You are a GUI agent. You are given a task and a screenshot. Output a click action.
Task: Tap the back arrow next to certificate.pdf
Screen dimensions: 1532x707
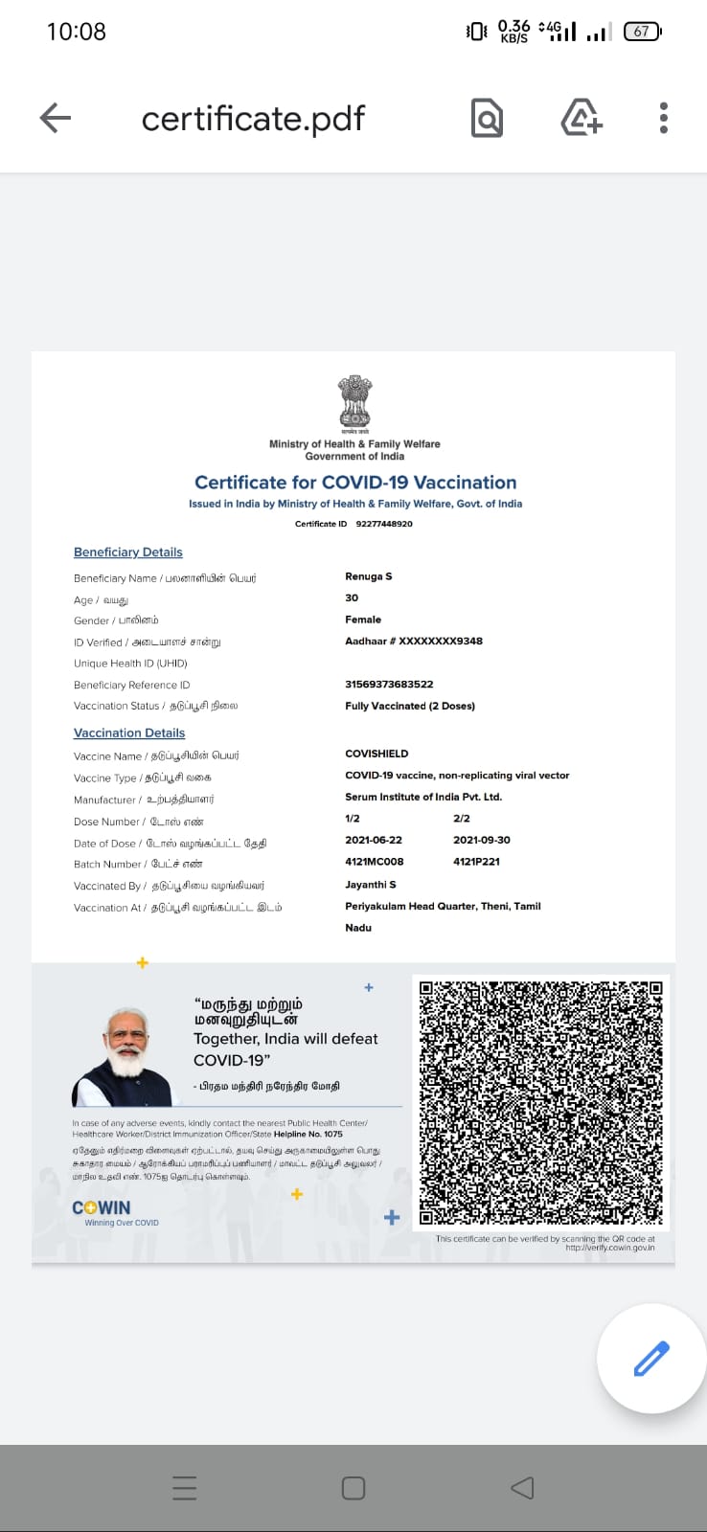pos(56,118)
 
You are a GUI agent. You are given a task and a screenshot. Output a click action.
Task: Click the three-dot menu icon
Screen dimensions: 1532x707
pos(663,118)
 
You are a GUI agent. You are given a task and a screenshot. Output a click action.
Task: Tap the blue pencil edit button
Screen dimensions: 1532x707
pos(651,1359)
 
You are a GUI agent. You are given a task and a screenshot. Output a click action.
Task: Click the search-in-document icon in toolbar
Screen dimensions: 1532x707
pos(487,118)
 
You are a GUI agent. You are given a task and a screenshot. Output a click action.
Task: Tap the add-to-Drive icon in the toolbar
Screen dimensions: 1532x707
pos(581,118)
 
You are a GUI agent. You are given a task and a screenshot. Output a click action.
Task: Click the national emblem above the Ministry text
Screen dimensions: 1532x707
pos(354,401)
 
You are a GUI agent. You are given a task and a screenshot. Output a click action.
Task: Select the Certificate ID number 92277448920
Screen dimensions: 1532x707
pos(384,524)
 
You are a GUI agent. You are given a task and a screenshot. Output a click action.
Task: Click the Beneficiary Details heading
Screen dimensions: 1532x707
pos(128,552)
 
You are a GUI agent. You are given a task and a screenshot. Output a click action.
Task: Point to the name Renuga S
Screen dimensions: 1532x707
pos(369,576)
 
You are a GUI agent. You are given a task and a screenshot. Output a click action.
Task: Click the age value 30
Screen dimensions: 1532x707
pos(352,597)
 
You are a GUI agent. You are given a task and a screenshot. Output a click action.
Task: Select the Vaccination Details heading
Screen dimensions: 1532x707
pos(129,733)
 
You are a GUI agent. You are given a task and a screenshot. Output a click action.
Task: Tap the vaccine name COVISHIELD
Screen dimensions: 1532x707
pos(376,754)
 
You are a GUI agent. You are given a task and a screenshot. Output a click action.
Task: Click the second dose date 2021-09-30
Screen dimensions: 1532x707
pos(482,840)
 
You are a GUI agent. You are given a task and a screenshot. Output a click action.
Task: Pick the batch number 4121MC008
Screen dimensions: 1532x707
pos(374,862)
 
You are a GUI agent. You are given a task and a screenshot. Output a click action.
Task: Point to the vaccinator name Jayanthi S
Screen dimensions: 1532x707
pos(371,885)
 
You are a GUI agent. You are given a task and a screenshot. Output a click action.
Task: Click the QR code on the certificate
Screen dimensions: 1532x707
pos(541,1101)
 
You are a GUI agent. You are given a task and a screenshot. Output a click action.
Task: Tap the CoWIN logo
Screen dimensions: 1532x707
pos(102,1208)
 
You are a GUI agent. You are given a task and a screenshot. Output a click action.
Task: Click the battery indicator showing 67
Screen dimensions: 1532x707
pos(642,32)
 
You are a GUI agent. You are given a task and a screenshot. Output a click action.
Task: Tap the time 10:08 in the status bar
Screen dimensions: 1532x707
pos(77,32)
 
